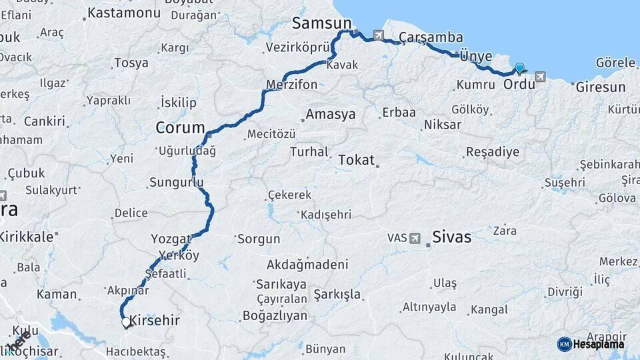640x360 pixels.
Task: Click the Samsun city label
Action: click(x=321, y=24)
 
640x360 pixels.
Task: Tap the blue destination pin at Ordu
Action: click(x=519, y=67)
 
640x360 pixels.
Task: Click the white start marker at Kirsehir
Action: click(x=126, y=322)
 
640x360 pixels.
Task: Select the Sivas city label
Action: click(x=451, y=237)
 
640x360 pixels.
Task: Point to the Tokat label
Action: click(x=357, y=160)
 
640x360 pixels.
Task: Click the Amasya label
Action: click(x=331, y=115)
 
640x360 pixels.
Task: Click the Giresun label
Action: click(x=601, y=87)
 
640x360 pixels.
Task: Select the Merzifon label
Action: click(x=291, y=85)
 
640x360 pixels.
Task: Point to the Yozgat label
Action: click(x=171, y=239)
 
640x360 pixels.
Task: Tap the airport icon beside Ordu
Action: click(x=539, y=77)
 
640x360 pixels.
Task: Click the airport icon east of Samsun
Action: click(x=379, y=35)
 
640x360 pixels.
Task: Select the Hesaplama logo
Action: click(x=591, y=343)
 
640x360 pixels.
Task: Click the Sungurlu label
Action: click(x=176, y=181)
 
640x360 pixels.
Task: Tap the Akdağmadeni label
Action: click(x=307, y=264)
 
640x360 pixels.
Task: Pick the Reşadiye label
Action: click(x=492, y=152)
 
